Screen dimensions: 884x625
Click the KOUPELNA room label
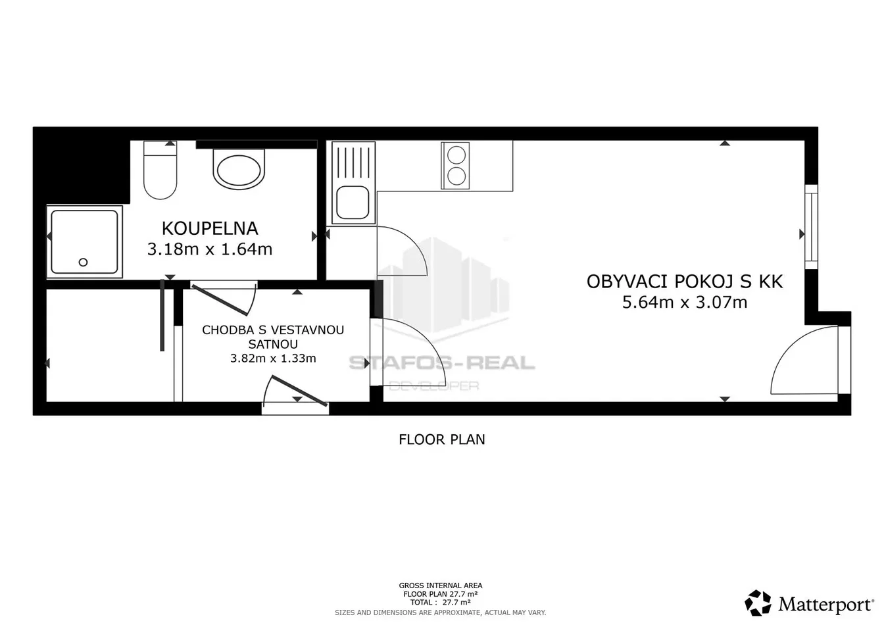point(210,228)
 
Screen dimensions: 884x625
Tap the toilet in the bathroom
point(160,170)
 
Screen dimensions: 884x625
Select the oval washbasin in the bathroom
point(239,168)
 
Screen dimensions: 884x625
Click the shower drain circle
point(83,262)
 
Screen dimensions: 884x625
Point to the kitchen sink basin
point(353,203)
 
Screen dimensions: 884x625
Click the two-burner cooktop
point(455,165)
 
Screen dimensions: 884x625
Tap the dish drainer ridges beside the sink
point(353,162)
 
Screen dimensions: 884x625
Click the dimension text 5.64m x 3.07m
point(685,303)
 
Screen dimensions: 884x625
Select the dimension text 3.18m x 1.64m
point(210,249)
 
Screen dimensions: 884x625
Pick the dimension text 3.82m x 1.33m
point(273,359)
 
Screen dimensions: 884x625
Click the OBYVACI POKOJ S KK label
point(685,282)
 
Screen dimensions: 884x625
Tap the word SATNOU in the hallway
point(273,344)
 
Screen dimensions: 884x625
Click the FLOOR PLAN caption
point(441,439)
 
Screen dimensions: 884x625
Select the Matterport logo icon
point(757,603)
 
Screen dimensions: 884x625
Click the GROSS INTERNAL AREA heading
point(441,586)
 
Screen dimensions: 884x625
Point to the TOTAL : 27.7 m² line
point(441,603)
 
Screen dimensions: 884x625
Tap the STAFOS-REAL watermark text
point(442,363)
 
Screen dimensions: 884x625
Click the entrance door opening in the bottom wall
point(295,409)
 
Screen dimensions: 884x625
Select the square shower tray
point(84,241)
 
